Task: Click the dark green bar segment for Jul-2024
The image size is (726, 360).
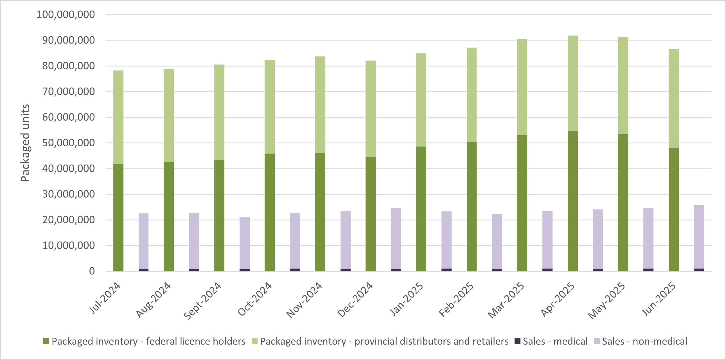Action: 118,217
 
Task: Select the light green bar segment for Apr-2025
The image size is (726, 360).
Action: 573,84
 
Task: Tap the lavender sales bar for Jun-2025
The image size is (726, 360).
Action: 699,237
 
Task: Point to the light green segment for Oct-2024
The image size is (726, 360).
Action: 270,107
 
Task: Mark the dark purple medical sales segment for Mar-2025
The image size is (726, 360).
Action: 547,270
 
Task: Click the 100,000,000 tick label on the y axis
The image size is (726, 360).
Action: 66,15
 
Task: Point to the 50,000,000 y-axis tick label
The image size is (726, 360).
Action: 69,143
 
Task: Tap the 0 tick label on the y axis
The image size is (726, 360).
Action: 92,271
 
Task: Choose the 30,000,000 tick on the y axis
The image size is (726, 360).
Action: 69,194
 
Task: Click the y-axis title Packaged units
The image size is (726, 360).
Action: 25,143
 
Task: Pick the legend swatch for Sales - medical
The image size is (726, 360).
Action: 517,341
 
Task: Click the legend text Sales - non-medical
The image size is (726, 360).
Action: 644,341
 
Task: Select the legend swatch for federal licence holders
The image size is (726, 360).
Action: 46,341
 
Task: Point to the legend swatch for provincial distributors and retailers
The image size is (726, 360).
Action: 254,341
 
